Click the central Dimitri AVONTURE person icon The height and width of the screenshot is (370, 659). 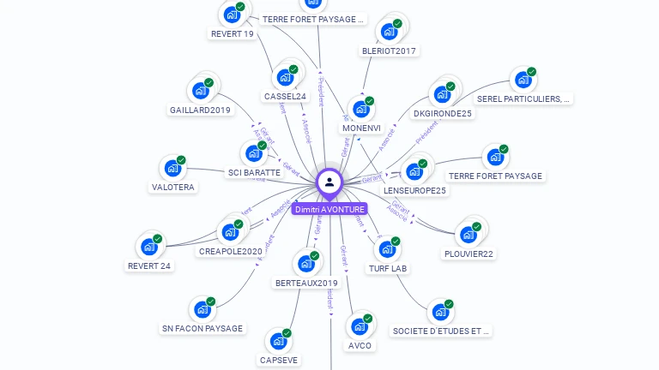pos(329,182)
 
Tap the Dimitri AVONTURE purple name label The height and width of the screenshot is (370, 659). pos(329,209)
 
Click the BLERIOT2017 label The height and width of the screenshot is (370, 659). pos(389,51)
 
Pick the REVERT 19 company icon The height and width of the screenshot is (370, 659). pos(232,14)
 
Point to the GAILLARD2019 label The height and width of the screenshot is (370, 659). pos(200,110)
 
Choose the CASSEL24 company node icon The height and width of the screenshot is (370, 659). pos(285,76)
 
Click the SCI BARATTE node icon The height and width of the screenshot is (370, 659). pos(254,153)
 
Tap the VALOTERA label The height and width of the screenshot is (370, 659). pos(172,187)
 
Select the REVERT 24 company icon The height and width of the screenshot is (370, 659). pos(149,247)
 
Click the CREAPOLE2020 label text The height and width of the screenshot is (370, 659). pos(230,251)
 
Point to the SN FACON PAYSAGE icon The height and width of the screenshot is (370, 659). pos(203,308)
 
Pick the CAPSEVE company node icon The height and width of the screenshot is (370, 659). pos(279,340)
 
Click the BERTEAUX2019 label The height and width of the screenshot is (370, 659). pos(306,283)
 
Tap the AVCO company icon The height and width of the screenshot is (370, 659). pos(360,325)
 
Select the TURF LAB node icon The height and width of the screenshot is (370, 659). pos(388,248)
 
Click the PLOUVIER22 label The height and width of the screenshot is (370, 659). pos(469,254)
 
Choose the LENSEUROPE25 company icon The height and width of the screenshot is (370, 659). pos(415,170)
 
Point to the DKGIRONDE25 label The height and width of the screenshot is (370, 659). pos(443,113)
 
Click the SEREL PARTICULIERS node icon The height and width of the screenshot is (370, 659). pos(523,80)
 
